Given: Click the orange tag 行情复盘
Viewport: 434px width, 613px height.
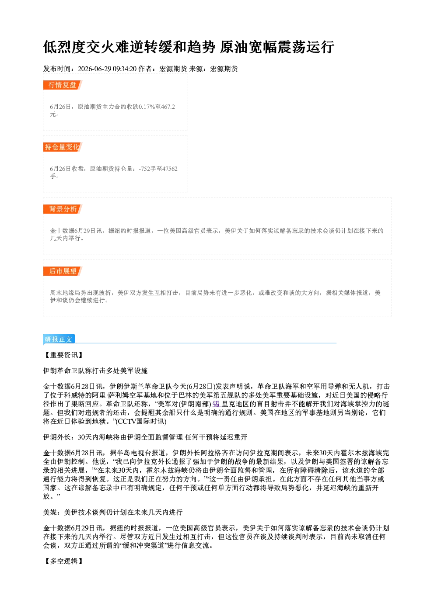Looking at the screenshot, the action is point(63,85).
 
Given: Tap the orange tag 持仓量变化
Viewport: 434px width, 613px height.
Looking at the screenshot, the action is point(63,147).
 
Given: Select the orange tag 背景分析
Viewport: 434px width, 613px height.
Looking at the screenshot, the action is point(63,209).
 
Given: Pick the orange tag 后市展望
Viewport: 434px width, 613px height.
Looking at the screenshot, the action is point(63,271).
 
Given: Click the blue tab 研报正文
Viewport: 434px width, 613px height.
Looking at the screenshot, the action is point(59,339).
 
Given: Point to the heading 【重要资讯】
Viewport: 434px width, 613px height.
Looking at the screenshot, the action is point(63,355).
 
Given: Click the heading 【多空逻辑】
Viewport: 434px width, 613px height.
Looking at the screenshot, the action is point(63,561).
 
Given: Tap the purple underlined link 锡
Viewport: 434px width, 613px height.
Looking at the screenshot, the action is point(216,404).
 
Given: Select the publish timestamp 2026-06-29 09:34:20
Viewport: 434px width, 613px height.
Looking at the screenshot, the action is point(107,69).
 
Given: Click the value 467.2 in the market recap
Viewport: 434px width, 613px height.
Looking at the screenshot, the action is point(168,107).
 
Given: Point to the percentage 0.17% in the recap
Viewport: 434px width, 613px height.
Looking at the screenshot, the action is point(147,107).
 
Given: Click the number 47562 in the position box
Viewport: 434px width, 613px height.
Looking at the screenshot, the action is point(170,169).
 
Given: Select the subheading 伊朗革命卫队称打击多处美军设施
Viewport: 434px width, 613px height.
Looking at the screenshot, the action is point(95,371).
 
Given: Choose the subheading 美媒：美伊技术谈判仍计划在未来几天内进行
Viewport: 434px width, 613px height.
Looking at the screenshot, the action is point(113,512).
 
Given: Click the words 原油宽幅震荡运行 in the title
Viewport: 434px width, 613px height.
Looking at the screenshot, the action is point(277,47).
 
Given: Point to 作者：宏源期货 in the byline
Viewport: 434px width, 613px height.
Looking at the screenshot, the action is point(163,69).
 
